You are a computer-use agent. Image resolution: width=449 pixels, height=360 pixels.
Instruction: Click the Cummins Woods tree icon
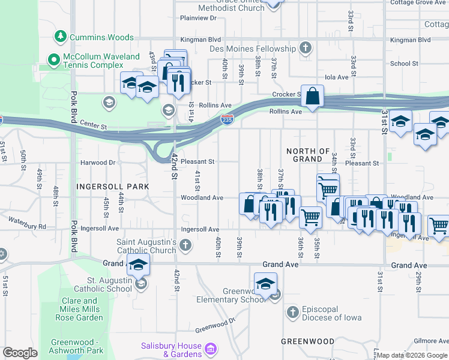tap(60, 37)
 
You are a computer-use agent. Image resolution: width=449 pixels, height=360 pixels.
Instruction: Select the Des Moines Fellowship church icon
tap(306, 48)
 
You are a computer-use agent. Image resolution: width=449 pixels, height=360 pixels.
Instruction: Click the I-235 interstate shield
tap(227, 120)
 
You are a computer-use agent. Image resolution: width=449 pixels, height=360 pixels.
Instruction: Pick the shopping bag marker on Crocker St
tap(313, 96)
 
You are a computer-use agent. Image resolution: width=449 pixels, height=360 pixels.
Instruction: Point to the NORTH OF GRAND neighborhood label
tap(308, 155)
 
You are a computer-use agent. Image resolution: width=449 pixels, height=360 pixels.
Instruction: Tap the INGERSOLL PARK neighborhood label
tap(112, 187)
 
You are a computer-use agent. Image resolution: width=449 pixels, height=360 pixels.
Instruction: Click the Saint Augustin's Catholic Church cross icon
tap(185, 245)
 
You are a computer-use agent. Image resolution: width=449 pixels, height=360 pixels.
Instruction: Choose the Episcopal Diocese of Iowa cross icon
tap(292, 312)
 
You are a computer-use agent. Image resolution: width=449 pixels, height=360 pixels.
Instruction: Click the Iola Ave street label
tap(336, 77)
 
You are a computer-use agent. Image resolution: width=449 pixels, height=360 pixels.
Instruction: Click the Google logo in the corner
tap(20, 353)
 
